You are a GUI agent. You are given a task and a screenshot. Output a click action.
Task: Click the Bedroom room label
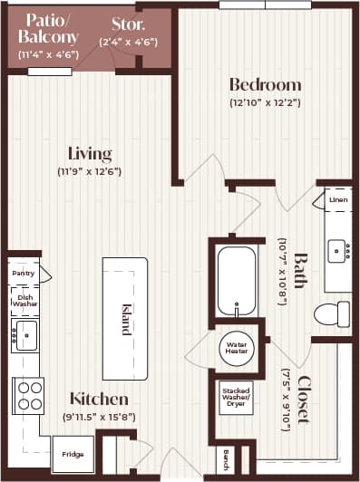pyautogui.click(x=265, y=85)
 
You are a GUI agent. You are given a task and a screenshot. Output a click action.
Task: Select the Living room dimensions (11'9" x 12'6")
pyautogui.click(x=90, y=171)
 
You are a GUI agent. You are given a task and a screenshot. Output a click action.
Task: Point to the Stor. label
pyautogui.click(x=130, y=24)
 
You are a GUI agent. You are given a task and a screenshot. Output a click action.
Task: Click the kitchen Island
pyautogui.click(x=125, y=318)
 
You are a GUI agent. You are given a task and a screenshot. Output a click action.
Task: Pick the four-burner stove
pyautogui.click(x=27, y=395)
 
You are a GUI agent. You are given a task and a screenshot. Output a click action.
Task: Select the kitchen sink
pyautogui.click(x=25, y=333)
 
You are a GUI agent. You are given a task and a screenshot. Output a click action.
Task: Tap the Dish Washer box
pyautogui.click(x=25, y=299)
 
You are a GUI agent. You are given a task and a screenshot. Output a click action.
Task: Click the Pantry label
pyautogui.click(x=23, y=272)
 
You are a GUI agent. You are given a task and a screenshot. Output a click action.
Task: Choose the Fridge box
pyautogui.click(x=73, y=454)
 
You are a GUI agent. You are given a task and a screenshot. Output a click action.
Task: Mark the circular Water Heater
pyautogui.click(x=238, y=347)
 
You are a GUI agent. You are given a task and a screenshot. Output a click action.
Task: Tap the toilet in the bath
pyautogui.click(x=331, y=314)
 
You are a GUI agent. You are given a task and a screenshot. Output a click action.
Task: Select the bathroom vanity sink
pyautogui.click(x=338, y=249)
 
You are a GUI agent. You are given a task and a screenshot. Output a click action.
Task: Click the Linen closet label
pyautogui.click(x=338, y=199)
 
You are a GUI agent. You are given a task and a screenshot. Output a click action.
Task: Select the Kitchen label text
pyautogui.click(x=99, y=399)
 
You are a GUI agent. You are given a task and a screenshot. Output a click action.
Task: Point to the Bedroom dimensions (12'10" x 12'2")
pyautogui.click(x=265, y=102)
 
